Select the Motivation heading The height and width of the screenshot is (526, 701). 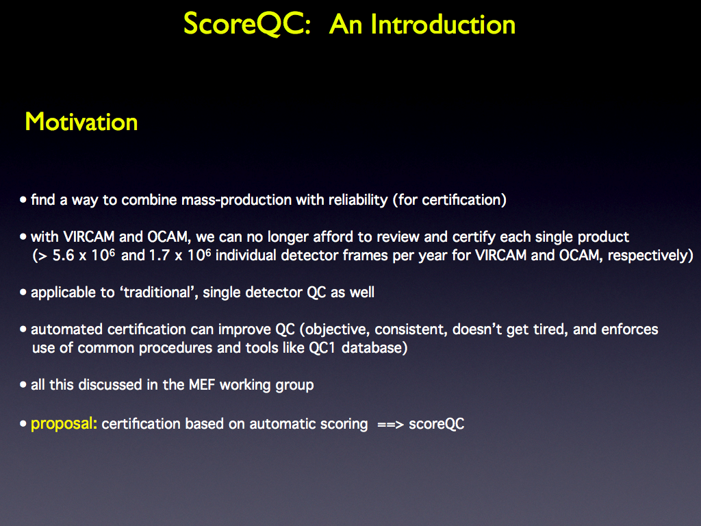pos(81,122)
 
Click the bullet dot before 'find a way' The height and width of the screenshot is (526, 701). pos(23,199)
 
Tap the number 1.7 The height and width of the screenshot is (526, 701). pos(159,255)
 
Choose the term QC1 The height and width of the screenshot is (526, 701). pos(322,348)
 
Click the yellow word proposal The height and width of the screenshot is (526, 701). pos(62,424)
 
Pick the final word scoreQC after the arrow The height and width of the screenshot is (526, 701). pos(437,424)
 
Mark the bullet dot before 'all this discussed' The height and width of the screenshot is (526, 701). pos(23,385)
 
